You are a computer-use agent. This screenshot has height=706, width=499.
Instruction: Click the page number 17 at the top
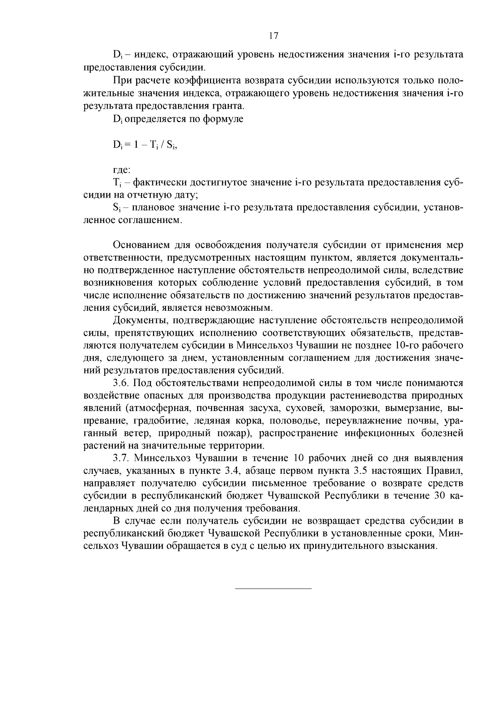tap(273, 36)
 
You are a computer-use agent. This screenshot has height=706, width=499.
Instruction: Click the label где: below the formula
tap(121, 170)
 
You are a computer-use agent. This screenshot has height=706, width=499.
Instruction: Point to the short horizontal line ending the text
tap(273, 588)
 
